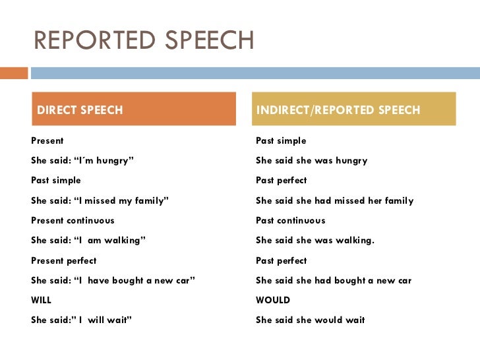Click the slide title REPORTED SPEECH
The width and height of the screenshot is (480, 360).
point(143,40)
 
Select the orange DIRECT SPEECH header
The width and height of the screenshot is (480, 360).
point(133,109)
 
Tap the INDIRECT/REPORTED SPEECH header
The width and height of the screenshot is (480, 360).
point(355,109)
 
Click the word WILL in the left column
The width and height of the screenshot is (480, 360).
point(42,300)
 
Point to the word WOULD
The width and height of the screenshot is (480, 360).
point(273,300)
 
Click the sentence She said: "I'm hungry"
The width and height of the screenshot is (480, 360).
point(82,160)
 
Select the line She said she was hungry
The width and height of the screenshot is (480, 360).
point(311,160)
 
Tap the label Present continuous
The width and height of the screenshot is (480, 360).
point(73,220)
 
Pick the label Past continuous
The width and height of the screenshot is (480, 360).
point(290,220)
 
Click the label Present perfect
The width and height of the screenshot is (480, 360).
point(64,260)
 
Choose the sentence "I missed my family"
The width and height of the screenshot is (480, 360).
point(100,200)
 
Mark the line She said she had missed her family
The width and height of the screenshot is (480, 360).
point(334,200)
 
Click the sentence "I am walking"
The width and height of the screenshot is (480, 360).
point(88,241)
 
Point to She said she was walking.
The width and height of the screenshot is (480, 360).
point(315,241)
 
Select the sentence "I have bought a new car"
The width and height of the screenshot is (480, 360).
point(113,280)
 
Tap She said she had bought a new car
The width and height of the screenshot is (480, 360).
point(333,280)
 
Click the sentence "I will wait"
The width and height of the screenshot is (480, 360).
point(82,320)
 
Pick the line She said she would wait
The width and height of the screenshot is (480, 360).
point(310,320)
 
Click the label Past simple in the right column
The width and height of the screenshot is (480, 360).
point(281,140)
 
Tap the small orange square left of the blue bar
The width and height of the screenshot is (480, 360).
point(14,73)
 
